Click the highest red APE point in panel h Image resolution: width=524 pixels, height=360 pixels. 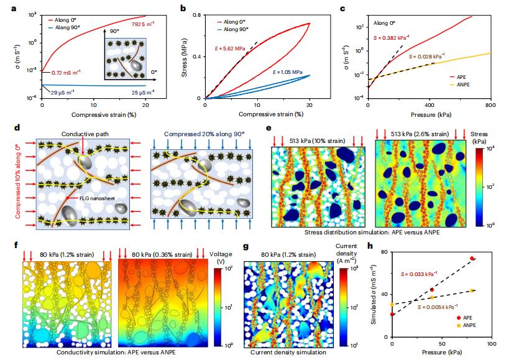click(x=472, y=258)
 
